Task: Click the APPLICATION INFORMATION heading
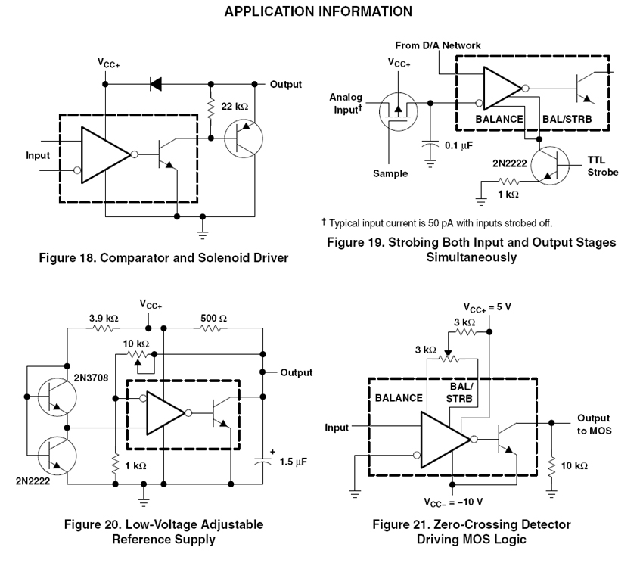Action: pos(318,11)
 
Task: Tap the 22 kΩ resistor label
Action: pos(235,107)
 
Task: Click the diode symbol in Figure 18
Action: pos(156,84)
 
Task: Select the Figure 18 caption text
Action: pos(163,258)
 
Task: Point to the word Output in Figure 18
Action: pos(286,84)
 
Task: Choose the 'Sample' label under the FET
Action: pos(390,173)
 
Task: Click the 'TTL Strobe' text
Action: pos(602,166)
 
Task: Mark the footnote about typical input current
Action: pos(436,222)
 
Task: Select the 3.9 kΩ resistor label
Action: pos(102,319)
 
